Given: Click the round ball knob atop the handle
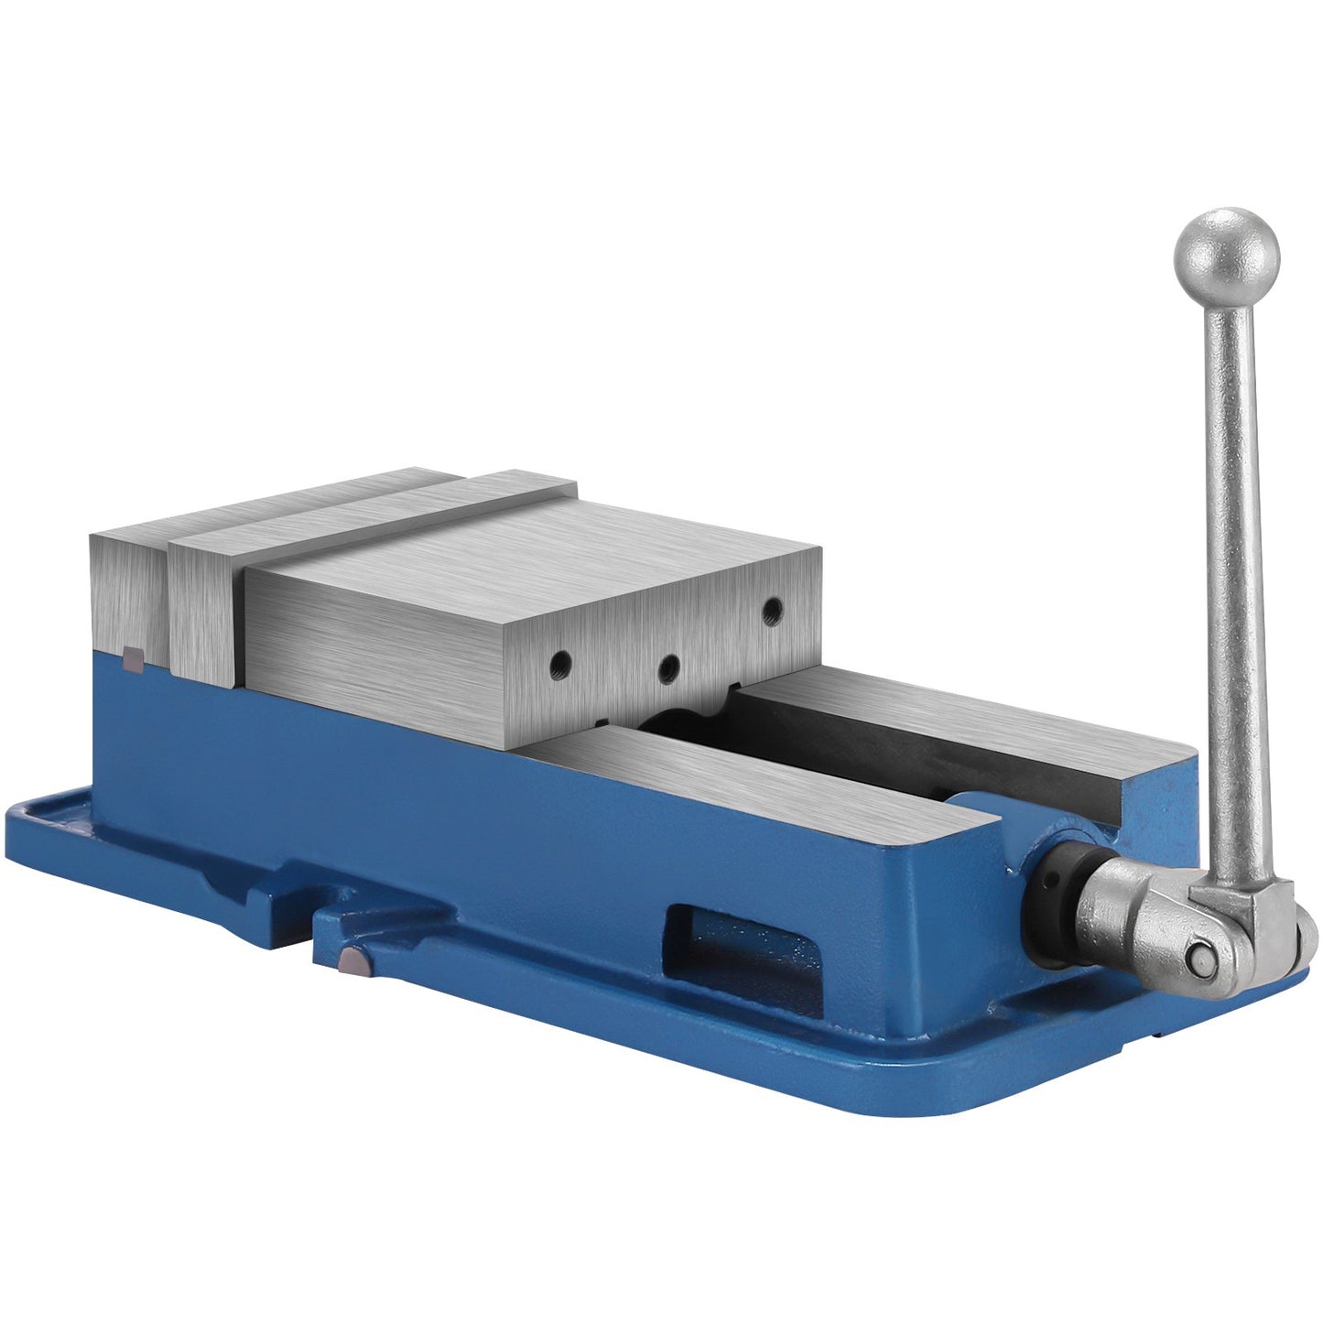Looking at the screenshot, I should pyautogui.click(x=1226, y=255).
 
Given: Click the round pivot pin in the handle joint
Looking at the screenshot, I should pyautogui.click(x=1199, y=957).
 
